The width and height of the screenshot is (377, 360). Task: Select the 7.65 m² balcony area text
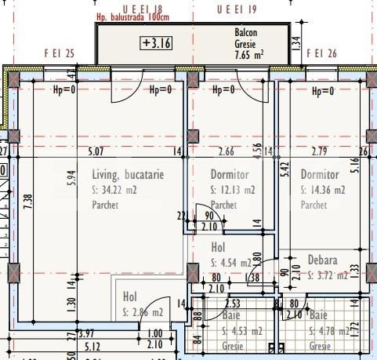pyautogui.click(x=248, y=55)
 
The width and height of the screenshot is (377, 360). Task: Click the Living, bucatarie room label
pyautogui.click(x=127, y=175)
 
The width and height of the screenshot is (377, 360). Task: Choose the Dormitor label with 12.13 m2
pyautogui.click(x=230, y=175)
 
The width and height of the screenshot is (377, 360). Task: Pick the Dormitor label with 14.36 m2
pyautogui.click(x=320, y=175)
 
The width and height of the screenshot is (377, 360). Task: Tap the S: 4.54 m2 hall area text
pyautogui.click(x=231, y=263)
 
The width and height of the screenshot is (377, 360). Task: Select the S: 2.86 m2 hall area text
pyautogui.click(x=143, y=312)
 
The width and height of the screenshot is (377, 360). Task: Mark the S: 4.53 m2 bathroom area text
pyautogui.click(x=243, y=330)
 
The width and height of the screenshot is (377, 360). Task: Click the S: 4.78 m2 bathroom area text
pyautogui.click(x=328, y=330)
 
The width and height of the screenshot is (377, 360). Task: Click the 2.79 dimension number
pyautogui.click(x=320, y=151)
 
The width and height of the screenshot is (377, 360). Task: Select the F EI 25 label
pyautogui.click(x=59, y=54)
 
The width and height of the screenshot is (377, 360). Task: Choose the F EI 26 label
pyautogui.click(x=321, y=54)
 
